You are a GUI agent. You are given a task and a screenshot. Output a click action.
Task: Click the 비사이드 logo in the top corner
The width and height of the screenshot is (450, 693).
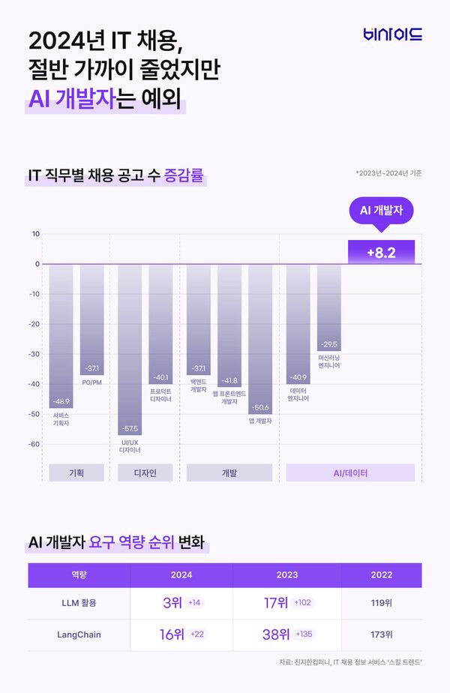pyautogui.click(x=393, y=34)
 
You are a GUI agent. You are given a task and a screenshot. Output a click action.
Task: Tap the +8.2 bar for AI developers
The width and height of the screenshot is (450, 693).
pyautogui.click(x=381, y=253)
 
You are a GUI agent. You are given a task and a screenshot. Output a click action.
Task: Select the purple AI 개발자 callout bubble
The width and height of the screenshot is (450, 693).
pyautogui.click(x=381, y=211)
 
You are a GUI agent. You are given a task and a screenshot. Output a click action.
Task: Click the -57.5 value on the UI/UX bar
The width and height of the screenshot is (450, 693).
pyautogui.click(x=130, y=428)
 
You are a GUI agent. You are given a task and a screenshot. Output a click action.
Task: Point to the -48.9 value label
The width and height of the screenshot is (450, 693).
pyautogui.click(x=61, y=401)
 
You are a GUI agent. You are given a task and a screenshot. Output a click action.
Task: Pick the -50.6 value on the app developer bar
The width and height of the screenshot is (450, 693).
pyautogui.click(x=259, y=407)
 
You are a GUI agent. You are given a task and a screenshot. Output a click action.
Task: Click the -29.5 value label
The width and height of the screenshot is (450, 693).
pyautogui.click(x=328, y=344)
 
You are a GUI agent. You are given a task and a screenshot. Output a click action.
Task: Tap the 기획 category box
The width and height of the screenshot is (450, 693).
pyautogui.click(x=76, y=473)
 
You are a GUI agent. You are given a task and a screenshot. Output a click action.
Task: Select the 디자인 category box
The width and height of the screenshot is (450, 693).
pyautogui.click(x=145, y=473)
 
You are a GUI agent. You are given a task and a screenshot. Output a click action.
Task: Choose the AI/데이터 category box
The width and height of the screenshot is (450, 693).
pyautogui.click(x=350, y=473)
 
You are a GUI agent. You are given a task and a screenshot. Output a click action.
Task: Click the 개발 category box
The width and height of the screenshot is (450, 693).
pyautogui.click(x=229, y=473)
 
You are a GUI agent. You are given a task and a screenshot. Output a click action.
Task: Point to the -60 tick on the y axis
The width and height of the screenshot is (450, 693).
pyautogui.click(x=34, y=444)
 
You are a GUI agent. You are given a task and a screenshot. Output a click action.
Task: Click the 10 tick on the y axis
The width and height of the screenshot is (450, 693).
pyautogui.click(x=36, y=234)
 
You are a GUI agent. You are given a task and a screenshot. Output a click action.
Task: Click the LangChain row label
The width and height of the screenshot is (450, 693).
pyautogui.click(x=79, y=634)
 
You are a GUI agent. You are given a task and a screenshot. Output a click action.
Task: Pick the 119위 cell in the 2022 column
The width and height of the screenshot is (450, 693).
pyautogui.click(x=381, y=603)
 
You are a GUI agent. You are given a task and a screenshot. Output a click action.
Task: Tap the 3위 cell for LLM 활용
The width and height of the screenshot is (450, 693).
pyautogui.click(x=171, y=603)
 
